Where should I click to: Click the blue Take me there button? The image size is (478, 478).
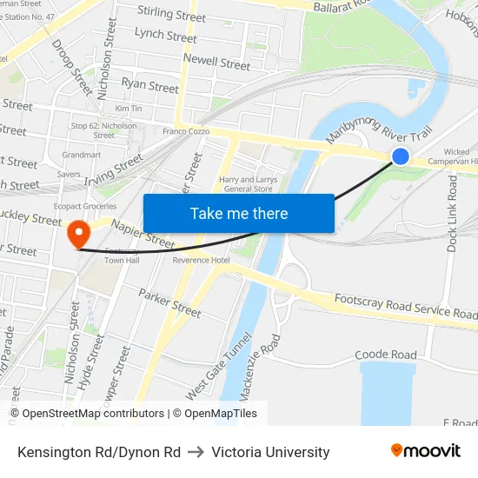pos(238,213)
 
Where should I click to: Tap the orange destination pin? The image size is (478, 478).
pos(77,232)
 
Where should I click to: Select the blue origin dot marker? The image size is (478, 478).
pos(401,156)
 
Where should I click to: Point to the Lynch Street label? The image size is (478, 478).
pos(166,37)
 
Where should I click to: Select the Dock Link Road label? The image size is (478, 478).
pos(453,212)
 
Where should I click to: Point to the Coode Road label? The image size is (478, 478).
pos(386,355)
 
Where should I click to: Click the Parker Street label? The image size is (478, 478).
pos(169,302)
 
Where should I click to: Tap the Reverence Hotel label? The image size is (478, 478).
pos(202,260)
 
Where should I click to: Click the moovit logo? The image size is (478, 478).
pos(425,450)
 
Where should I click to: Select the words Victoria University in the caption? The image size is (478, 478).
pos(270,452)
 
